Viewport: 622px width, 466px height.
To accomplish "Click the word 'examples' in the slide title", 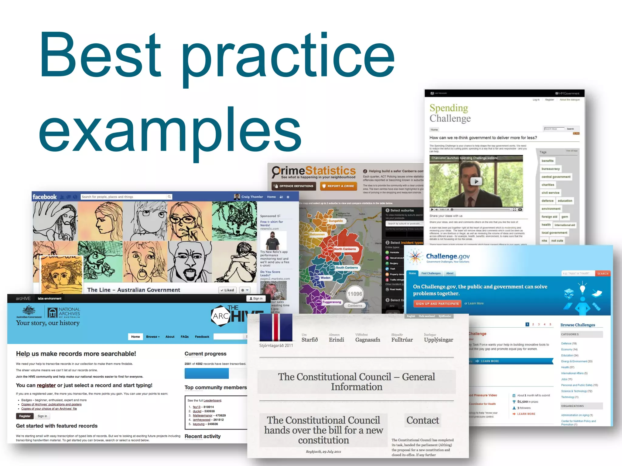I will tap(170, 130).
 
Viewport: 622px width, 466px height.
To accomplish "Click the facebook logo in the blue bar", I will tap(45, 197).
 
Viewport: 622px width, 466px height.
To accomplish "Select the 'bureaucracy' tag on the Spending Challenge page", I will tap(550, 169).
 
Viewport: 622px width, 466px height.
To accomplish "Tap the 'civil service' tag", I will tap(550, 193).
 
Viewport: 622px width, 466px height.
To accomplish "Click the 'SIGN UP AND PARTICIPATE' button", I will tap(437, 304).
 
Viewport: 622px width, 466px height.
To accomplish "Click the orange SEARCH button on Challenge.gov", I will tap(603, 274).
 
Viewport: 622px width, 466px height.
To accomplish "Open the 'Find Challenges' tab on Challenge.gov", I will tap(431, 273).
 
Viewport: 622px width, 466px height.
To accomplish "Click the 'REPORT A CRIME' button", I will tap(338, 186).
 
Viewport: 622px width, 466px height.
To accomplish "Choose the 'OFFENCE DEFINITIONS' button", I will tap(294, 186).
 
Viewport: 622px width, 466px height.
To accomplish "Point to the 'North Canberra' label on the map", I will tap(345, 249).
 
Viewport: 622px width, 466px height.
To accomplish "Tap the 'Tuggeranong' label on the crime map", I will tap(332, 302).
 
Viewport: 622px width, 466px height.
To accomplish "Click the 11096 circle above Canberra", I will tap(355, 294).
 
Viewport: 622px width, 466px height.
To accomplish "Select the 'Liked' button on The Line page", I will tap(227, 290).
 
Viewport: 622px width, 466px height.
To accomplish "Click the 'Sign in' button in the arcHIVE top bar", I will tap(256, 299).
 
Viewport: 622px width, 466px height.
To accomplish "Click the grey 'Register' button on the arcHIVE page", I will tap(25, 416).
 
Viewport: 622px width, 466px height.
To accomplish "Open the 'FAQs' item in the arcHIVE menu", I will tap(185, 337).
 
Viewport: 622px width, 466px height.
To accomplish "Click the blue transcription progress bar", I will tap(207, 373).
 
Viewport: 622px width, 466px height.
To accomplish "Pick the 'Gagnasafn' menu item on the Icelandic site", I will tap(367, 340).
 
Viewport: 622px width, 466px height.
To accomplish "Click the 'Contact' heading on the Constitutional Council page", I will tap(422, 420).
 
